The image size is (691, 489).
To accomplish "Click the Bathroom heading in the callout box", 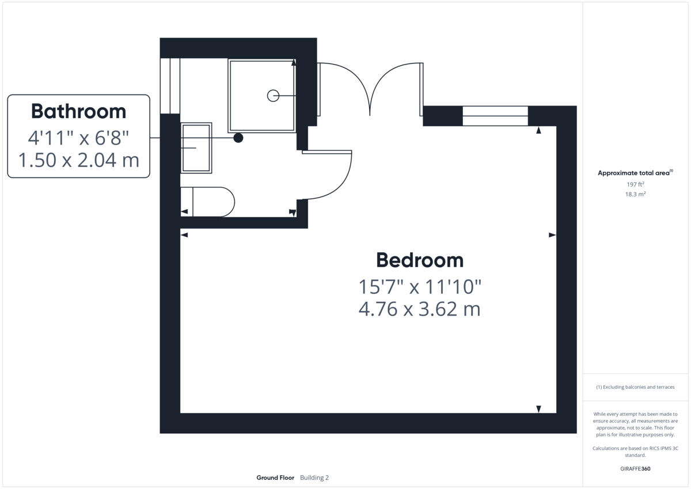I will (x=78, y=111).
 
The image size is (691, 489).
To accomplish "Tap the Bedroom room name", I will (x=419, y=260).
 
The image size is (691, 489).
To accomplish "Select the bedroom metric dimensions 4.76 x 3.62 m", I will (x=419, y=309).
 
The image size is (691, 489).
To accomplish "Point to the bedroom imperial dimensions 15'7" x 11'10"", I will (x=419, y=286).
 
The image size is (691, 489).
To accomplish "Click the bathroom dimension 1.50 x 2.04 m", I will (x=78, y=160).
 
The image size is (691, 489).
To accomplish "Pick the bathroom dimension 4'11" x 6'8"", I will (x=78, y=138).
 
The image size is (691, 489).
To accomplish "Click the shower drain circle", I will (x=273, y=96).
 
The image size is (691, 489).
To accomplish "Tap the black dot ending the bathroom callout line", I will (x=238, y=138).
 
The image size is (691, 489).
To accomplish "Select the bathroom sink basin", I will (x=196, y=148).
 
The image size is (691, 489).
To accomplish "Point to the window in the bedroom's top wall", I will (x=495, y=116).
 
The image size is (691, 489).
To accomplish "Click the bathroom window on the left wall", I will (x=170, y=86).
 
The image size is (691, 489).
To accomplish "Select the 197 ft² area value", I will (x=635, y=184).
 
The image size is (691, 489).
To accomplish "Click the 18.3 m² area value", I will (x=635, y=195).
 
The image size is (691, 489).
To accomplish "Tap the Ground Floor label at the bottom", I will (x=275, y=477).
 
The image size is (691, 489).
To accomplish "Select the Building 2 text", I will (x=314, y=477).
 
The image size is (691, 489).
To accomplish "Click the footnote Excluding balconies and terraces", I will (x=635, y=387).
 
